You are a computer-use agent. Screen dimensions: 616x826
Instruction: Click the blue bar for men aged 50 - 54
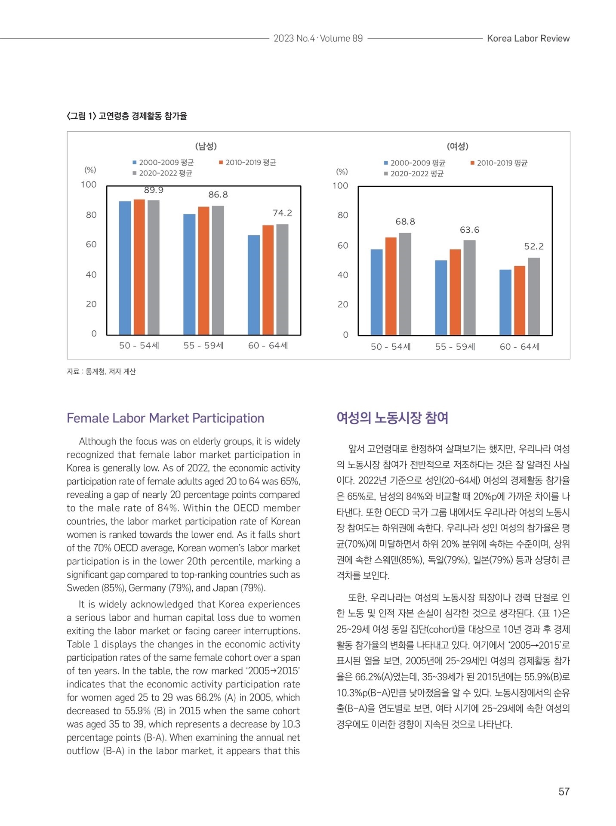tap(125, 268)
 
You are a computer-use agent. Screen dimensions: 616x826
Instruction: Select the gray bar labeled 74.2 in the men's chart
tap(282, 279)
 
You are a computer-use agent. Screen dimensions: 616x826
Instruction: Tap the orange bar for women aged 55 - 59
tap(455, 292)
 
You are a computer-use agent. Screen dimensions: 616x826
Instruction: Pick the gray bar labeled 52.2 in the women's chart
tap(534, 296)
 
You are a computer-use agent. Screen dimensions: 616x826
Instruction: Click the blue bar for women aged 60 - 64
tap(505, 302)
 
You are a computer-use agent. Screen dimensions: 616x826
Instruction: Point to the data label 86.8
tap(218, 195)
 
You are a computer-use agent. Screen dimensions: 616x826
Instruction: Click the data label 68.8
tap(405, 222)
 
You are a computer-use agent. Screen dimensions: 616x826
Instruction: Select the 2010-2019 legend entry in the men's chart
tap(248, 163)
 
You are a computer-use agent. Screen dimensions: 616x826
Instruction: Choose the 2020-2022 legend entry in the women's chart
tap(414, 174)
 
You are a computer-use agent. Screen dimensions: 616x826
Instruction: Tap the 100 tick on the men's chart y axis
tap(89, 185)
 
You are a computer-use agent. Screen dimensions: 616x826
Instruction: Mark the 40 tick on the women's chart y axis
tap(343, 275)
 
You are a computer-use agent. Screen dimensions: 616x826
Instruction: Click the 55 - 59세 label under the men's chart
tap(203, 345)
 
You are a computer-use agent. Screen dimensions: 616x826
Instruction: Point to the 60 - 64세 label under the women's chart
tap(520, 347)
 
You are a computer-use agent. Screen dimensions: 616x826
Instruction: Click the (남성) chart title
tap(206, 146)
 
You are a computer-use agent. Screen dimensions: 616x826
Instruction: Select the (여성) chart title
tap(457, 146)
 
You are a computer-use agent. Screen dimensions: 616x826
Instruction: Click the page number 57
tap(564, 792)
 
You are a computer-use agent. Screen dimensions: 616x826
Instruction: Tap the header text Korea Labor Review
tap(528, 38)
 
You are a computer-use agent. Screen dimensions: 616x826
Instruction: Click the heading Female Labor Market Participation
tap(166, 418)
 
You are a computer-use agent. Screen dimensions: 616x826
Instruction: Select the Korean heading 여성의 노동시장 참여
tap(392, 418)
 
